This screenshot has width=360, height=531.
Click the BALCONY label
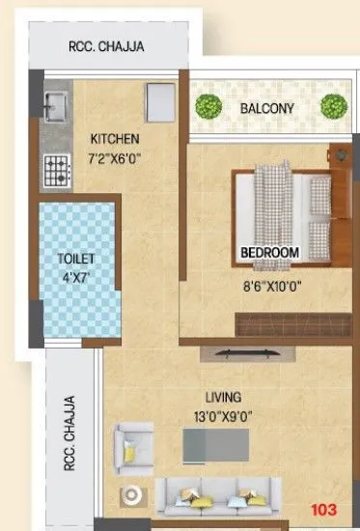tap(267, 109)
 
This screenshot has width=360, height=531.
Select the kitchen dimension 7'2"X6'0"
tap(117, 154)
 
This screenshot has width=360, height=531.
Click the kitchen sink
tap(55, 103)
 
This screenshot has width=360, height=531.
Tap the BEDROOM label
tap(270, 252)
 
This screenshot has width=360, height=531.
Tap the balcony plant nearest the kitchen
tap(207, 106)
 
